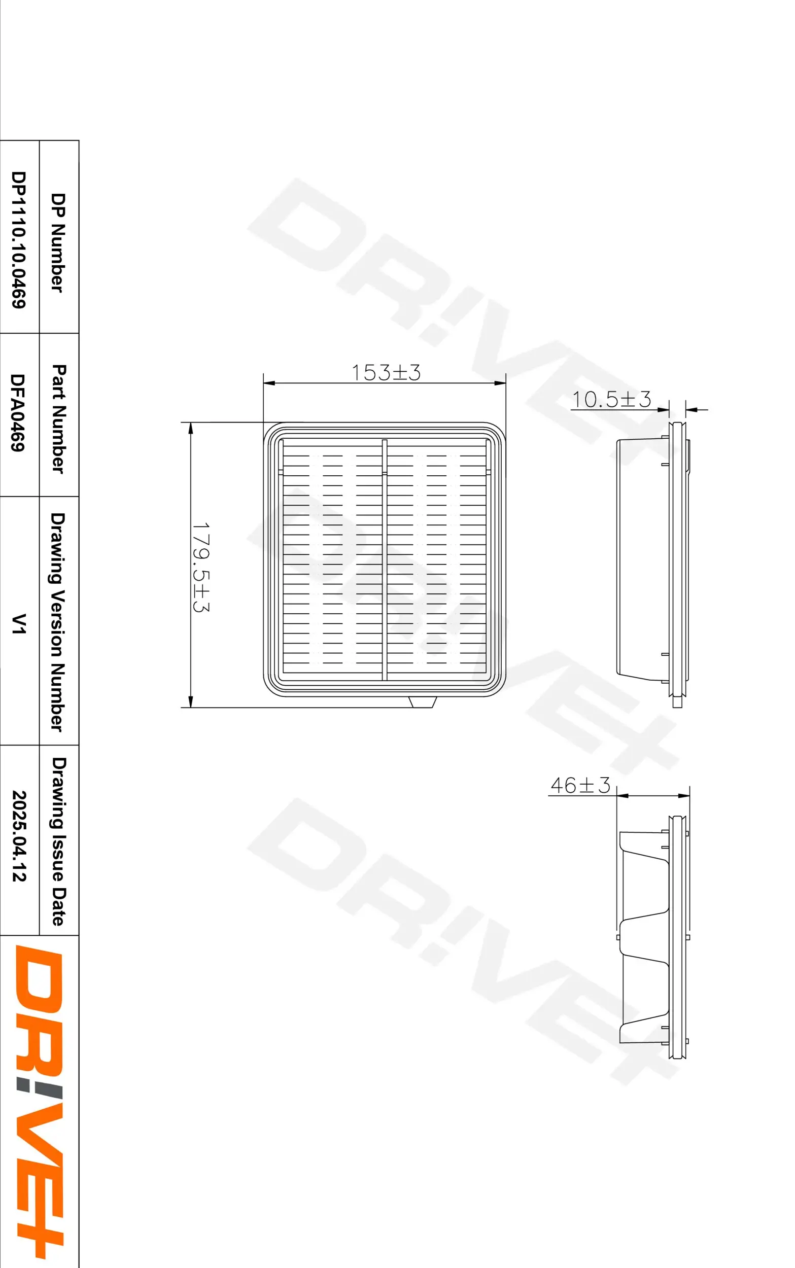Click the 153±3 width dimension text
(x=386, y=373)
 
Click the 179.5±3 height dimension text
(x=200, y=568)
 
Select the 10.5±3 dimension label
(x=611, y=399)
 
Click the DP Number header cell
(x=58, y=243)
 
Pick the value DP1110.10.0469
(x=19, y=239)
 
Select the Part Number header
(x=59, y=419)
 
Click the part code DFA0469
(x=18, y=412)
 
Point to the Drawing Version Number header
(x=58, y=622)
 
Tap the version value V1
(x=18, y=624)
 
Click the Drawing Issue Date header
(x=59, y=841)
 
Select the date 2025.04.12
(x=19, y=836)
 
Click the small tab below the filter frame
(x=423, y=702)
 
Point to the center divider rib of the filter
(x=385, y=559)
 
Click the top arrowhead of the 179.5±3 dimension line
(x=190, y=428)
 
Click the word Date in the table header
(x=59, y=911)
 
